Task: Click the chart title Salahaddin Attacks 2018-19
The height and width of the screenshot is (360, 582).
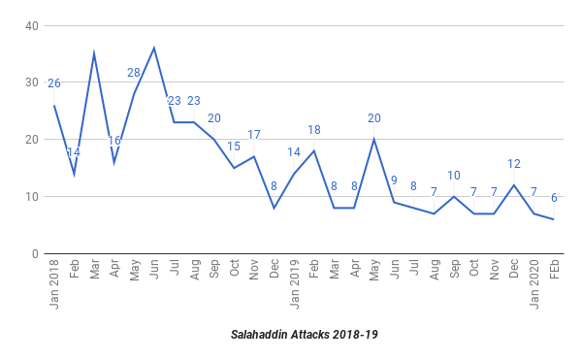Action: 304,335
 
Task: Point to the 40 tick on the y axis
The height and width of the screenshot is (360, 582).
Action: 32,26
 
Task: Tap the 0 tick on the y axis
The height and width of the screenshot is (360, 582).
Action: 35,254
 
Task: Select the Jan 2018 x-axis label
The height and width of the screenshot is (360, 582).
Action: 54,284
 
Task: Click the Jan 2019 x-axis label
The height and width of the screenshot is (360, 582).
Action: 294,284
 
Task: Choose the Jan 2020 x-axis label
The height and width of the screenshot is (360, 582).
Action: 534,284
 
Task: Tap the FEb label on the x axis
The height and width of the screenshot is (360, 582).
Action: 554,269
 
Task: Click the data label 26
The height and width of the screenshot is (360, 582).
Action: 54,83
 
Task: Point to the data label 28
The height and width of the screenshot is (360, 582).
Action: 134,73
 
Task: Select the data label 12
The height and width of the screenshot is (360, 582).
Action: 514,164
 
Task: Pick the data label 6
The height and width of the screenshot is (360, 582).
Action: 554,198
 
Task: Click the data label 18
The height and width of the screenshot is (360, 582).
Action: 314,129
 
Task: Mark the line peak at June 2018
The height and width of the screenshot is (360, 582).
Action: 154,49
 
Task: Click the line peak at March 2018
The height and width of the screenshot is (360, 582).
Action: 94,53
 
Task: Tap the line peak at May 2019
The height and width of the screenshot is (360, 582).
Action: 374,139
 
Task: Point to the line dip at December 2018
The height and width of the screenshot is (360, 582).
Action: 274,208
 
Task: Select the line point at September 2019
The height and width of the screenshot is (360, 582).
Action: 454,196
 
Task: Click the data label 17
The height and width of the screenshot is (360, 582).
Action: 254,135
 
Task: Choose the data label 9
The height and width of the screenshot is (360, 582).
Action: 394,180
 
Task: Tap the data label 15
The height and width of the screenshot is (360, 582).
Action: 234,147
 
